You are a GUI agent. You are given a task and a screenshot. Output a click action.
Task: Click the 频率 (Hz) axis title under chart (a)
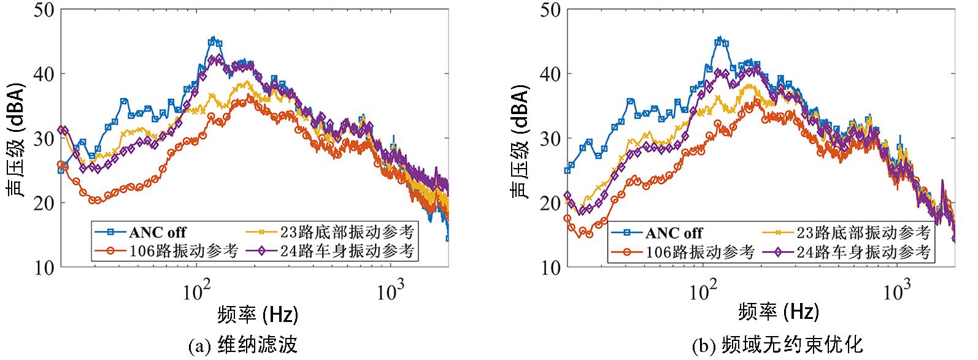pyautogui.click(x=258, y=315)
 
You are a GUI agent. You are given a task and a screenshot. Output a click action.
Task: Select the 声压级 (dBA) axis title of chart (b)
pyautogui.click(x=520, y=139)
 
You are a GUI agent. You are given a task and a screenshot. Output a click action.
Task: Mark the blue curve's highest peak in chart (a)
pyautogui.click(x=212, y=39)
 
